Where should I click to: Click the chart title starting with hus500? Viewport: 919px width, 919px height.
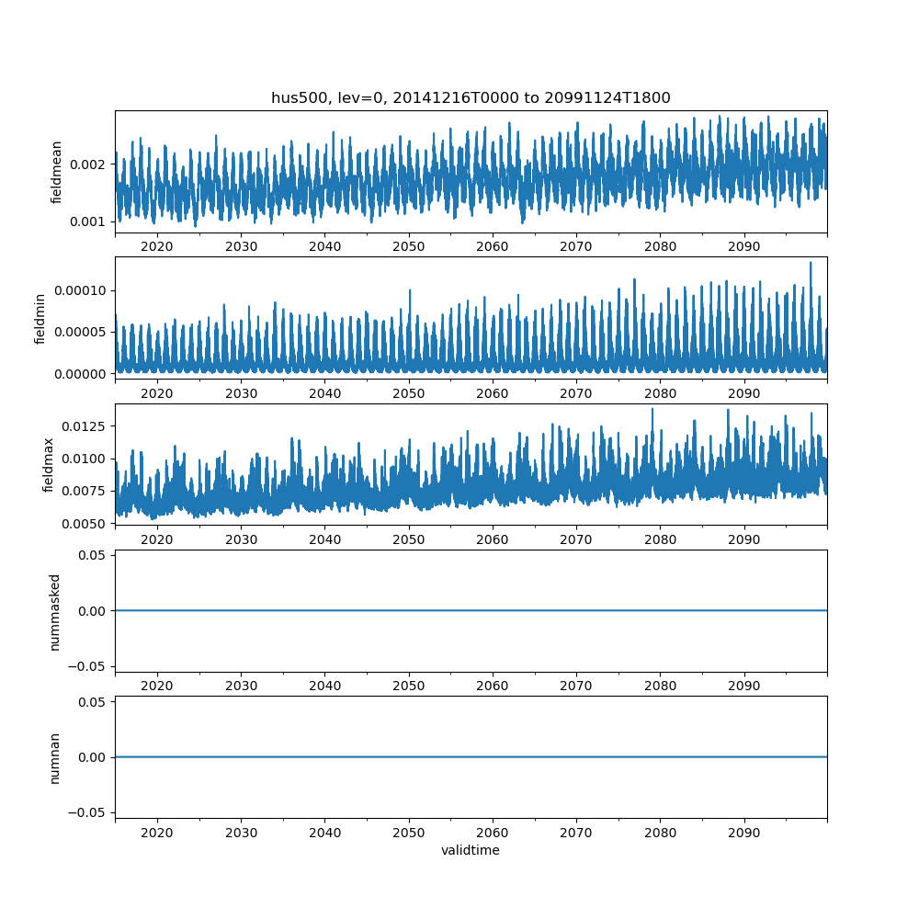coord(471,97)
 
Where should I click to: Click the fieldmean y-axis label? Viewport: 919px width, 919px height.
coord(56,172)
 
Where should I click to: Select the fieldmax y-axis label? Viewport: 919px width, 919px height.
coord(49,464)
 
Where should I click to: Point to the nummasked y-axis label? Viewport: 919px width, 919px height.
coord(54,611)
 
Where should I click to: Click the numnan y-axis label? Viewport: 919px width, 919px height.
coord(54,757)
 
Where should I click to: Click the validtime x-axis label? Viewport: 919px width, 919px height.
coord(471,851)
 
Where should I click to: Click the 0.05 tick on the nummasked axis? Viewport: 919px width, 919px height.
coord(93,555)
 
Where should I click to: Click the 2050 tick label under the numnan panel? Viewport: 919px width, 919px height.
coord(409,833)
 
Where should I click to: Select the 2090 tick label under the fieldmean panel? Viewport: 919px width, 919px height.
coord(743,246)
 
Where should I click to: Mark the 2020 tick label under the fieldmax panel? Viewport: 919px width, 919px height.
coord(157,539)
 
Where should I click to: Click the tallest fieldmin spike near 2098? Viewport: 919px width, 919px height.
coord(811,263)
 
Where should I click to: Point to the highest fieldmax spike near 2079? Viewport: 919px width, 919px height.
coord(652,409)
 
